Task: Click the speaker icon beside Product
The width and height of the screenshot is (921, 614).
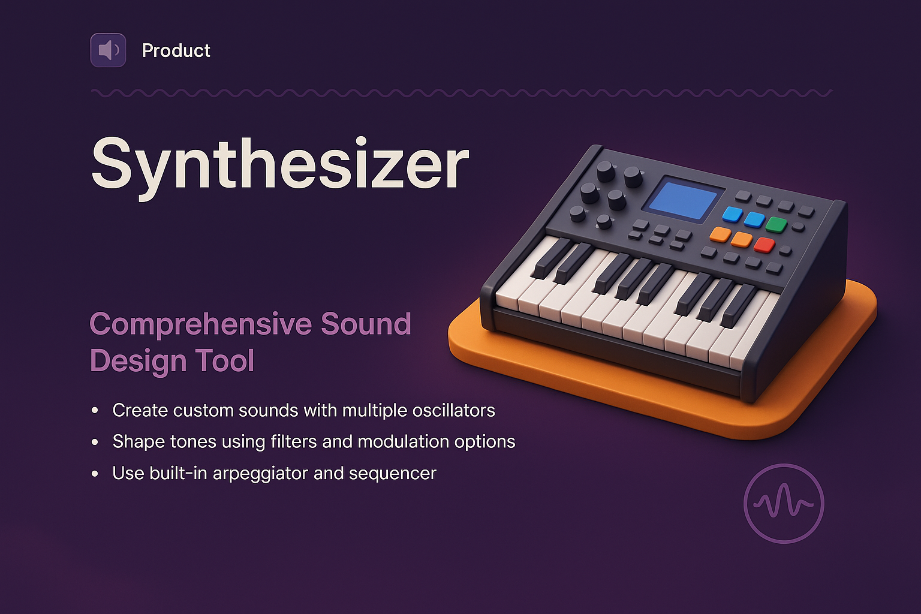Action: pyautogui.click(x=108, y=50)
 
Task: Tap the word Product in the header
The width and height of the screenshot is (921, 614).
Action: pyautogui.click(x=176, y=50)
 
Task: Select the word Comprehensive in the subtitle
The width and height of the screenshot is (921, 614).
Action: pyautogui.click(x=200, y=324)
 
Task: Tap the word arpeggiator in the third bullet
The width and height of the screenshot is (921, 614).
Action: pyautogui.click(x=260, y=474)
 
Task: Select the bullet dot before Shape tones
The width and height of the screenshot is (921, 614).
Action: pyautogui.click(x=95, y=442)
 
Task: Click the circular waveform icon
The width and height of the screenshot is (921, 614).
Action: pyautogui.click(x=784, y=504)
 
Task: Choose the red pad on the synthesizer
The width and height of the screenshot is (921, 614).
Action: pyautogui.click(x=764, y=245)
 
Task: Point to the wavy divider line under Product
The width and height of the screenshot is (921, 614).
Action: pyautogui.click(x=462, y=93)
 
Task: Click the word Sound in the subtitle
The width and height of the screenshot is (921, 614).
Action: pyautogui.click(x=366, y=324)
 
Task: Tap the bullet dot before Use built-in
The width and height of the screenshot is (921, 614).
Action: pyautogui.click(x=95, y=474)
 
